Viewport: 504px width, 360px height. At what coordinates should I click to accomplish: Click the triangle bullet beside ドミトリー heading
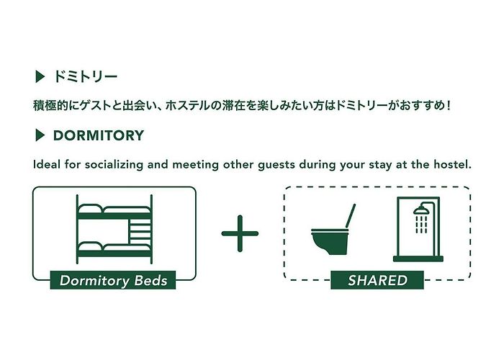tap(40, 77)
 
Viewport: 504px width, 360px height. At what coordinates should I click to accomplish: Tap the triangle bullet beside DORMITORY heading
tap(40, 135)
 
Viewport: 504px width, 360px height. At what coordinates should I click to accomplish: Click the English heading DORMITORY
tap(99, 135)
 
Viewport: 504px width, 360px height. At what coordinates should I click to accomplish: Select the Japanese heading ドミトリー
tap(85, 77)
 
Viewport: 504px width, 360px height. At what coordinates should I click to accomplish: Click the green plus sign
tap(240, 234)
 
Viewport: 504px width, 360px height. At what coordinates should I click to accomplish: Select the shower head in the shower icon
tap(420, 211)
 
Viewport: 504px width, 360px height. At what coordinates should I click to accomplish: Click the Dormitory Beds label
tap(113, 280)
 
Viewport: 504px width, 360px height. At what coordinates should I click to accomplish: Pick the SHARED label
tap(377, 280)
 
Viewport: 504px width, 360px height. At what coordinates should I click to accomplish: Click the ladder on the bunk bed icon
tap(140, 231)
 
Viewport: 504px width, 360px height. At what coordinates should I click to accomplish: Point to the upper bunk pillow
tap(90, 209)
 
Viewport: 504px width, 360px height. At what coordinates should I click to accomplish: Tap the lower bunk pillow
tap(90, 247)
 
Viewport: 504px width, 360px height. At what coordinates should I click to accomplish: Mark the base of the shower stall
tap(418, 258)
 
